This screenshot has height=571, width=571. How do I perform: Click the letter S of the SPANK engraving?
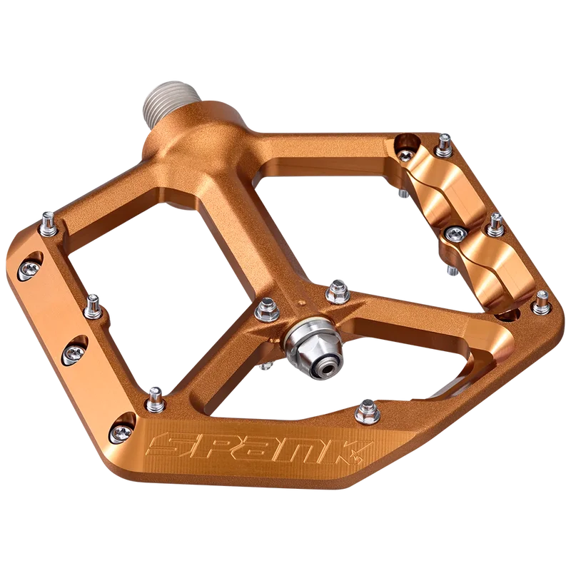point(166,445)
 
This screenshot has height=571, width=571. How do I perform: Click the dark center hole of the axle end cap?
point(328,368)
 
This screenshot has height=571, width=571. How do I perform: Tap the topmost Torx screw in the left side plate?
point(29,269)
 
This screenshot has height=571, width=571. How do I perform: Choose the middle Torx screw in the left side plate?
point(75,353)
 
